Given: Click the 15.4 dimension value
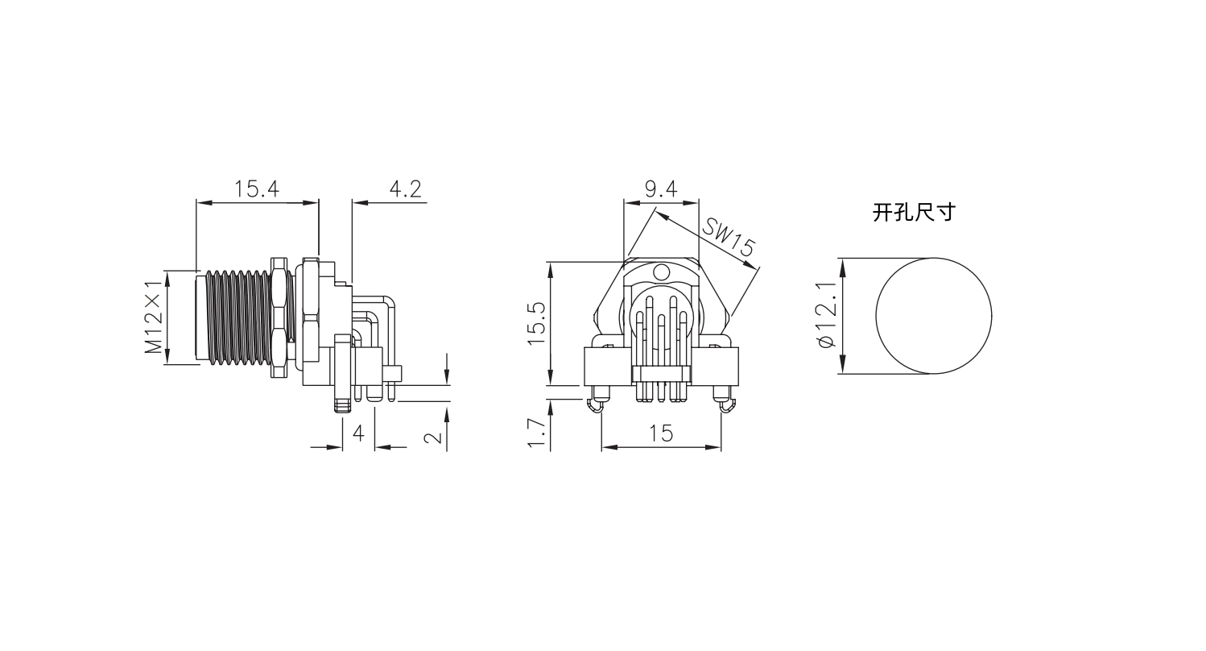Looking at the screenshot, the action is (x=256, y=189).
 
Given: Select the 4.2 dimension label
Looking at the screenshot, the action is (x=405, y=189).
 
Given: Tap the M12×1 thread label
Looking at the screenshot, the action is (x=154, y=317).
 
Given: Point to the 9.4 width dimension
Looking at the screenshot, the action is (x=661, y=189).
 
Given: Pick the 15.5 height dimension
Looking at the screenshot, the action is (x=536, y=323).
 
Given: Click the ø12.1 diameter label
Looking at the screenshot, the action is (x=827, y=315).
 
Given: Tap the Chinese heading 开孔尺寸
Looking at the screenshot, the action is (x=914, y=213).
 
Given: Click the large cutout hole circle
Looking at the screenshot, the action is (x=934, y=316).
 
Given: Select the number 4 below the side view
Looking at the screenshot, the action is (x=358, y=433).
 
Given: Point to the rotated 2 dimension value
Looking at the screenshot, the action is (x=433, y=437).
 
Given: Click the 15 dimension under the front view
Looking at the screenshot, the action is (x=661, y=433).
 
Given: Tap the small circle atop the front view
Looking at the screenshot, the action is (x=662, y=272).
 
